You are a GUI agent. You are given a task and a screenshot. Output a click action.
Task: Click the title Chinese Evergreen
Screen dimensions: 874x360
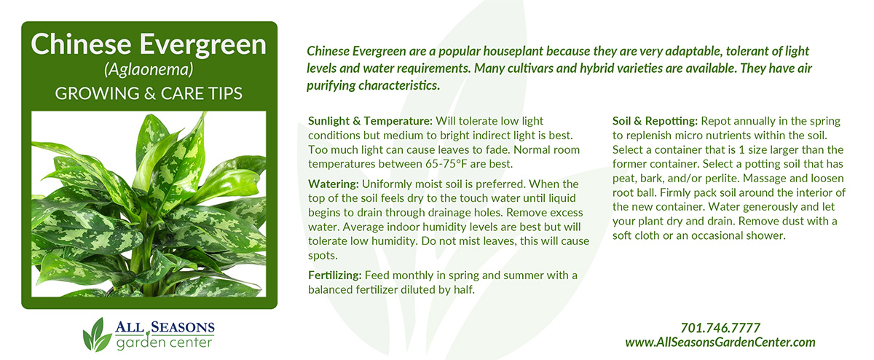149,44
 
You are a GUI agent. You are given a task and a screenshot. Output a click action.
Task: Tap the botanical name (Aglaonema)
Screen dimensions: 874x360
149,69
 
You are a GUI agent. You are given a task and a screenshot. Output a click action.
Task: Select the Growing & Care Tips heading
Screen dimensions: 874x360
149,94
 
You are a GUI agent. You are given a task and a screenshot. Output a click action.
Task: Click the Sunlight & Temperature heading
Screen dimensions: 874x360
370,121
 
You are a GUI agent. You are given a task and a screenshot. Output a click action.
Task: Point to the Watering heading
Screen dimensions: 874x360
334,184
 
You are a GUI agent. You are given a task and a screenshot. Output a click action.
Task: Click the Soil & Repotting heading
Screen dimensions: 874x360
655,121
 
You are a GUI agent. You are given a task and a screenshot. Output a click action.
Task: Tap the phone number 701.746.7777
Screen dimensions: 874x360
720,328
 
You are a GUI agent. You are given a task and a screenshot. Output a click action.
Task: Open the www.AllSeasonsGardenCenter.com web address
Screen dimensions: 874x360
720,343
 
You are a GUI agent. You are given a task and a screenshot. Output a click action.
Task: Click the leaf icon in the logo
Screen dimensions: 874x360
96,335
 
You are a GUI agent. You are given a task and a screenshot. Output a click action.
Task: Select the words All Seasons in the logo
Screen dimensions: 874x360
165,326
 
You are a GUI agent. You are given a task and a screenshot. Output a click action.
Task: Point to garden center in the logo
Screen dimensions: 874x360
165,343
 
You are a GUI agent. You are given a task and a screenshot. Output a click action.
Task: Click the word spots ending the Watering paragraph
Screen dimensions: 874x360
323,256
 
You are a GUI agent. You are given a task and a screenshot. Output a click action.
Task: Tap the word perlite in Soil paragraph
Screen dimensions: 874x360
724,179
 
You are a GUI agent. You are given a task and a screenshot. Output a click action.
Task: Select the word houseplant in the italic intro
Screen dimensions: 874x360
513,51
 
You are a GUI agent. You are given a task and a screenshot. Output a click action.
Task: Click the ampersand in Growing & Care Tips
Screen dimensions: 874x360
150,94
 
